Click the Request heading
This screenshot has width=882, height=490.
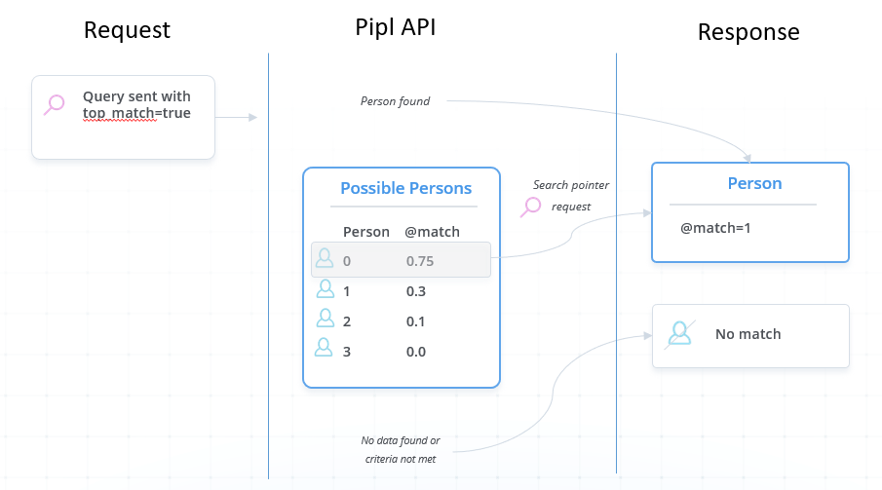point(127,30)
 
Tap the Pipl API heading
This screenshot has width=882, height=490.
point(396,27)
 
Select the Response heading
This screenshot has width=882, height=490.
point(748,32)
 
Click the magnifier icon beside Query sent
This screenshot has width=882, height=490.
point(55,104)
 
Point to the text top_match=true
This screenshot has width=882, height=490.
point(136,113)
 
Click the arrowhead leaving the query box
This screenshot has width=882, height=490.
point(253,117)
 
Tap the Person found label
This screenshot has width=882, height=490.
point(395,101)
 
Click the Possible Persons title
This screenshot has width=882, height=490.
point(405,188)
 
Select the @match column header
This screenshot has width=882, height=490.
point(432,232)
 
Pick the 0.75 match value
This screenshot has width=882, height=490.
point(420,261)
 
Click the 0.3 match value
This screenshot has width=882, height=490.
point(416,291)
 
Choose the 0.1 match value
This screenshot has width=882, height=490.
point(415,321)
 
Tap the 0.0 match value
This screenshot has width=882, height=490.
point(416,352)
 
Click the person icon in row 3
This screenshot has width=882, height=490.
point(324,347)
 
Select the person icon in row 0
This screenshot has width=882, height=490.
point(325,258)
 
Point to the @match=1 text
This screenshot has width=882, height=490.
point(715,228)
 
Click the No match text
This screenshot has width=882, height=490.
point(748,334)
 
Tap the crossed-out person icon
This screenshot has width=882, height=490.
point(680,333)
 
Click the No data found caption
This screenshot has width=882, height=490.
point(401,449)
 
